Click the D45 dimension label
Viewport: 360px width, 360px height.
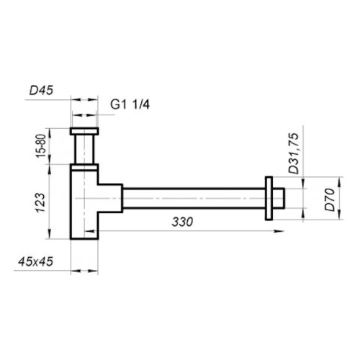(41, 91)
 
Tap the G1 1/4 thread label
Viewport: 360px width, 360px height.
(130, 104)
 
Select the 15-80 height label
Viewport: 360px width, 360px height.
(41, 145)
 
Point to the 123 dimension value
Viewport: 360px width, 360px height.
(41, 202)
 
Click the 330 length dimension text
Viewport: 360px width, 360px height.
(182, 222)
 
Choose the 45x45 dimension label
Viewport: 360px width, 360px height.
(35, 261)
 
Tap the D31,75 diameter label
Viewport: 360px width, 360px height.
(294, 153)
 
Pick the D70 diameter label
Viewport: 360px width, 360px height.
(330, 199)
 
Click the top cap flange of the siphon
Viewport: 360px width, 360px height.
(84, 131)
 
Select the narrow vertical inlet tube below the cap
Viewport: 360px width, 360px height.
(84, 149)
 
